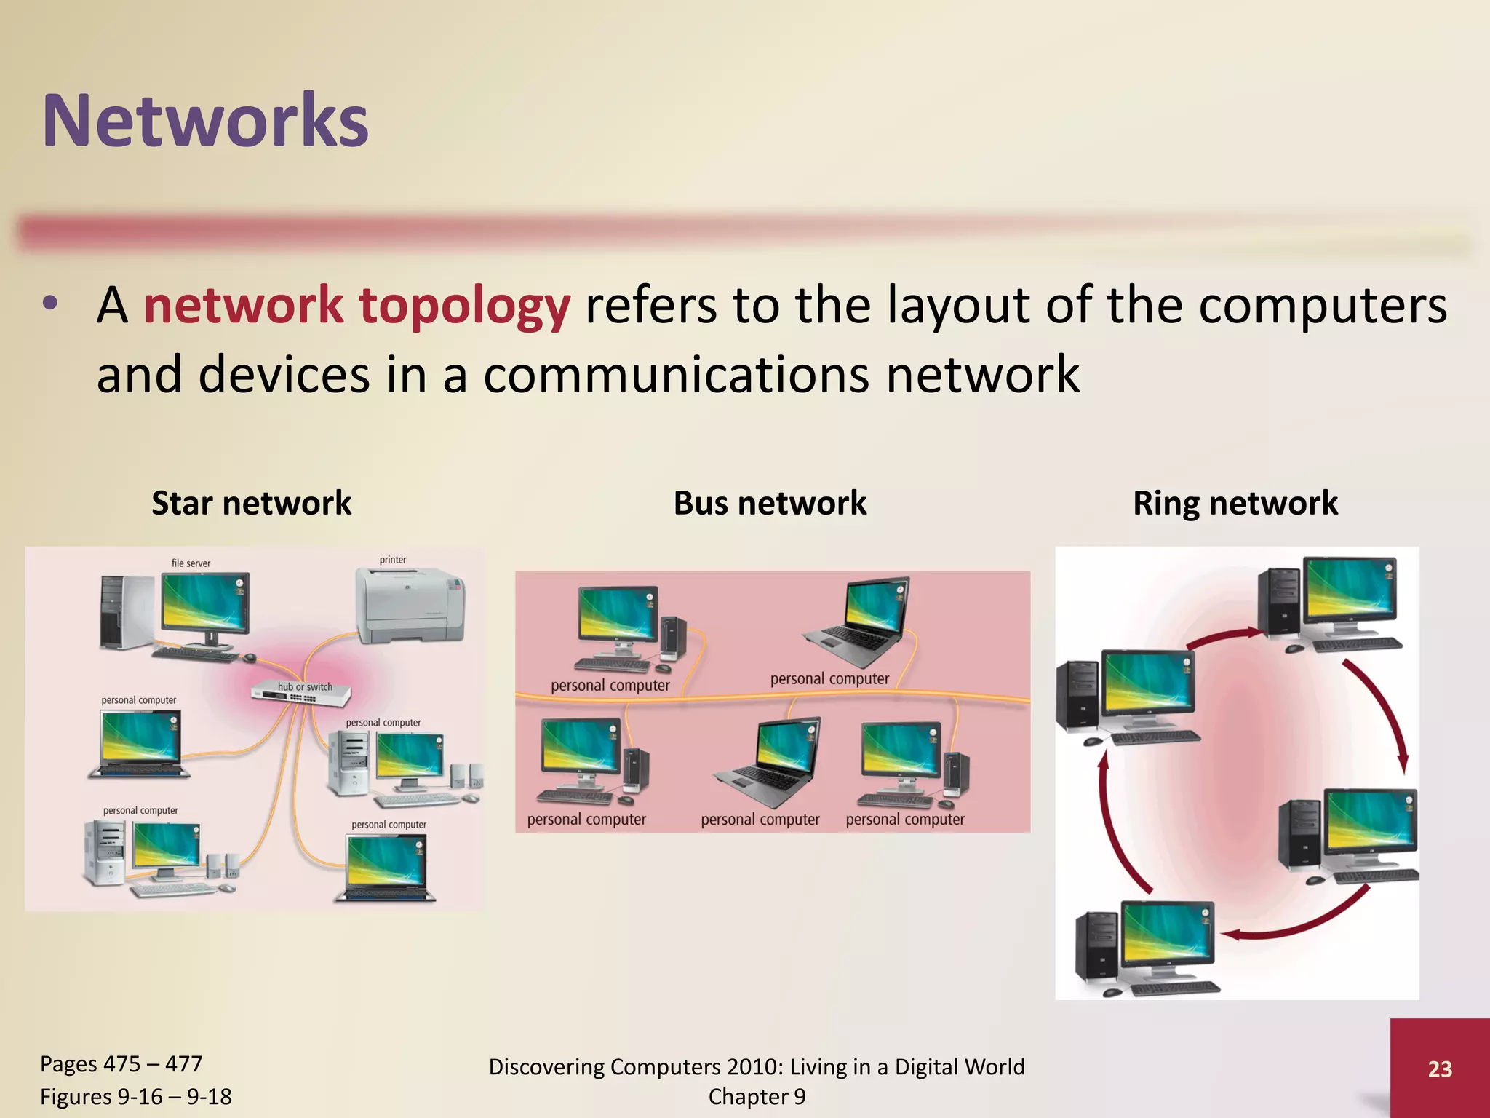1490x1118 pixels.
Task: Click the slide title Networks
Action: pyautogui.click(x=205, y=121)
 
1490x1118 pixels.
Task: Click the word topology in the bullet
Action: pyautogui.click(x=465, y=306)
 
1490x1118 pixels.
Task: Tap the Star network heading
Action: pyautogui.click(x=251, y=503)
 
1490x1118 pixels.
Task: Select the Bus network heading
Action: pyautogui.click(x=770, y=503)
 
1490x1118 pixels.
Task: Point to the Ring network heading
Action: pyautogui.click(x=1235, y=503)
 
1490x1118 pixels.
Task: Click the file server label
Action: pyautogui.click(x=191, y=563)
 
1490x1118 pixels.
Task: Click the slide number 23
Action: pyautogui.click(x=1439, y=1069)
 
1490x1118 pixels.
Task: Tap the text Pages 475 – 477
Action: pyautogui.click(x=121, y=1064)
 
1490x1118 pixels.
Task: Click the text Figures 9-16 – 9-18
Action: pyautogui.click(x=135, y=1097)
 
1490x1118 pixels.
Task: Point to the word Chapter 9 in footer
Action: pyautogui.click(x=757, y=1097)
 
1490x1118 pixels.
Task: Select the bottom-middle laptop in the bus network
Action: pyautogui.click(x=772, y=761)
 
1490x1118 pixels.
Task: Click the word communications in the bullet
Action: pyautogui.click(x=676, y=375)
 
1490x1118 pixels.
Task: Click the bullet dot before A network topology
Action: pyautogui.click(x=49, y=304)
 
